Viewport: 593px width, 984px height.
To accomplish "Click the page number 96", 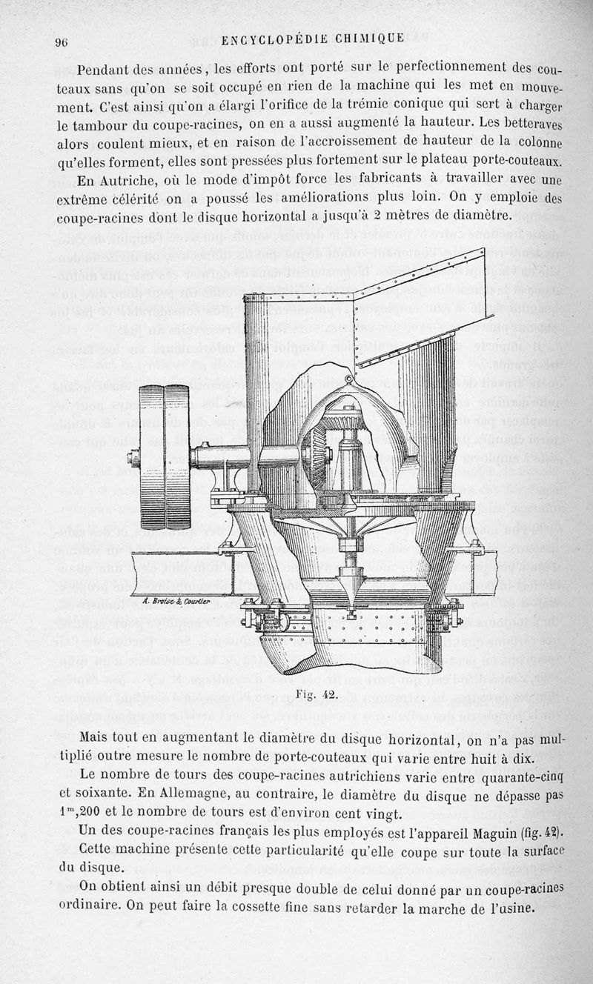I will pos(62,42).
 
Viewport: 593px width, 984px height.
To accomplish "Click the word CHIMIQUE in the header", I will pos(374,39).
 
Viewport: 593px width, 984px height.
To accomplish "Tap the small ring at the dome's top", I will pos(348,379).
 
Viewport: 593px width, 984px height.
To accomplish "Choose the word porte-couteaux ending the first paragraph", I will pos(513,161).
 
